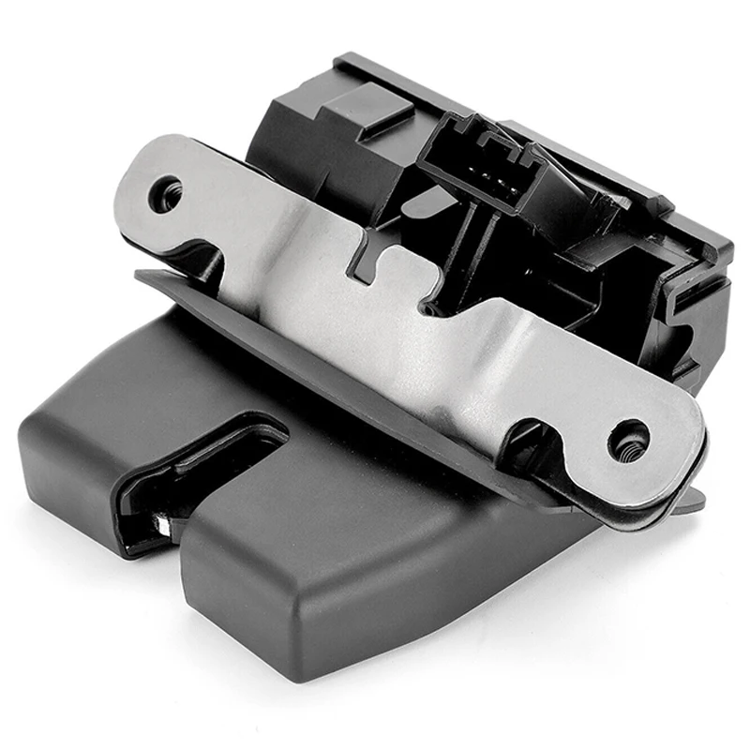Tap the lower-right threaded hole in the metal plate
coord(626,440)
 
